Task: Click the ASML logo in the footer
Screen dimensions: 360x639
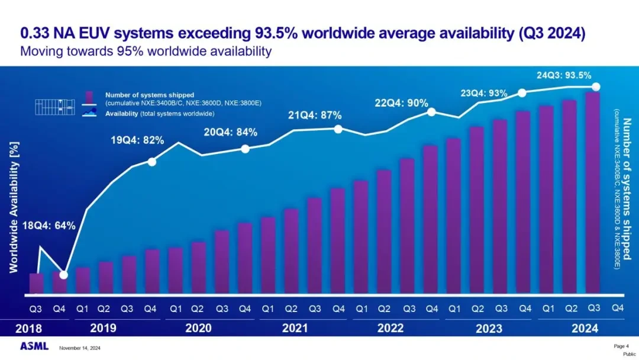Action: click(x=34, y=346)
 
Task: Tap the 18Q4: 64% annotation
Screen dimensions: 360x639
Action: click(x=49, y=226)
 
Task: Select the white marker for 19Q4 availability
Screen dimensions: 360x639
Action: click(x=151, y=162)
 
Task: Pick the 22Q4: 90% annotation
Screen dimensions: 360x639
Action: click(x=401, y=103)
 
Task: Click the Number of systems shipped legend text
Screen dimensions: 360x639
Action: click(x=150, y=95)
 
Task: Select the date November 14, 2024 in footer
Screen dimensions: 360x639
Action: click(x=80, y=348)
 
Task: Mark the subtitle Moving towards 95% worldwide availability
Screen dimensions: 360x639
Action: click(x=146, y=51)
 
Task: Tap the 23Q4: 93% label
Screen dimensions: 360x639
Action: click(x=484, y=94)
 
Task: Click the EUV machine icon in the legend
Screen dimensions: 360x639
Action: click(x=54, y=106)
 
